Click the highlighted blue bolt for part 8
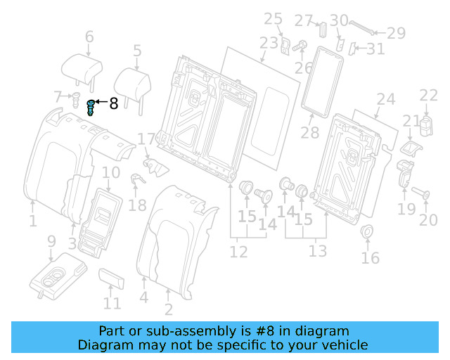(x=90, y=108)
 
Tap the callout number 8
(x=114, y=105)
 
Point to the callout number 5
(x=136, y=51)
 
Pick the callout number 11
(x=112, y=304)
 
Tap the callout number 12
(x=238, y=252)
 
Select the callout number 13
(x=318, y=252)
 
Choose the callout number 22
(x=428, y=95)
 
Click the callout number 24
(x=385, y=99)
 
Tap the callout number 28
(x=309, y=132)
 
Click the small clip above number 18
(x=138, y=179)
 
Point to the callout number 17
(x=146, y=140)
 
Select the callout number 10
(x=111, y=173)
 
